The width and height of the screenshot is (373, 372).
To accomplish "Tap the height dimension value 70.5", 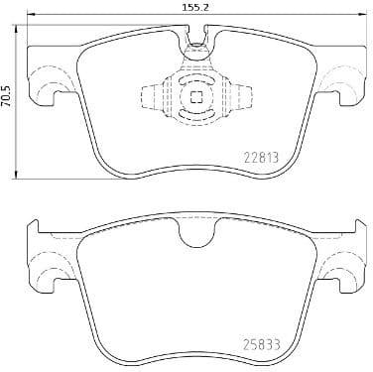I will [8, 101].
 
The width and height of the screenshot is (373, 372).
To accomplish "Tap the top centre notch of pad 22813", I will [195, 40].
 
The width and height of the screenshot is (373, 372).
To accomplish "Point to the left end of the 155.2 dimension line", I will [25, 18].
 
